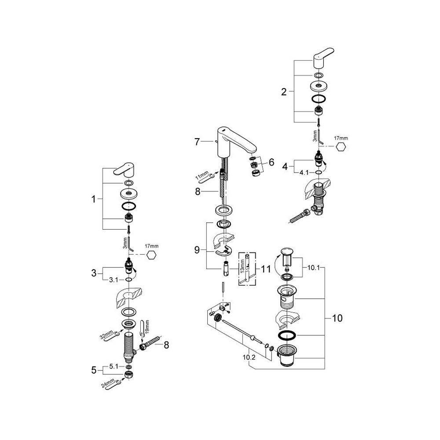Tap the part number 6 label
271,162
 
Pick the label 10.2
249,357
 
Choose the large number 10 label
337,317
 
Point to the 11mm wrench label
200,178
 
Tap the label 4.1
304,172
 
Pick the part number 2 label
284,92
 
